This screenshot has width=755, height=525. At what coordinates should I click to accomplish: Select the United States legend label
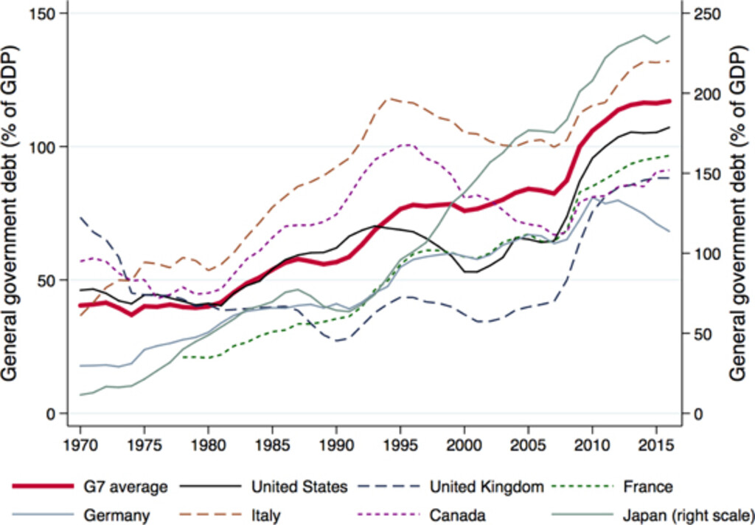tap(299, 487)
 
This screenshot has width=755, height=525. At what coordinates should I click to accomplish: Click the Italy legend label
tap(265, 514)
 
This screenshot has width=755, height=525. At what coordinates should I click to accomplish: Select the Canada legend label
tap(459, 514)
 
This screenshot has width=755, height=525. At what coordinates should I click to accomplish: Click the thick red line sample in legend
tap(44, 487)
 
